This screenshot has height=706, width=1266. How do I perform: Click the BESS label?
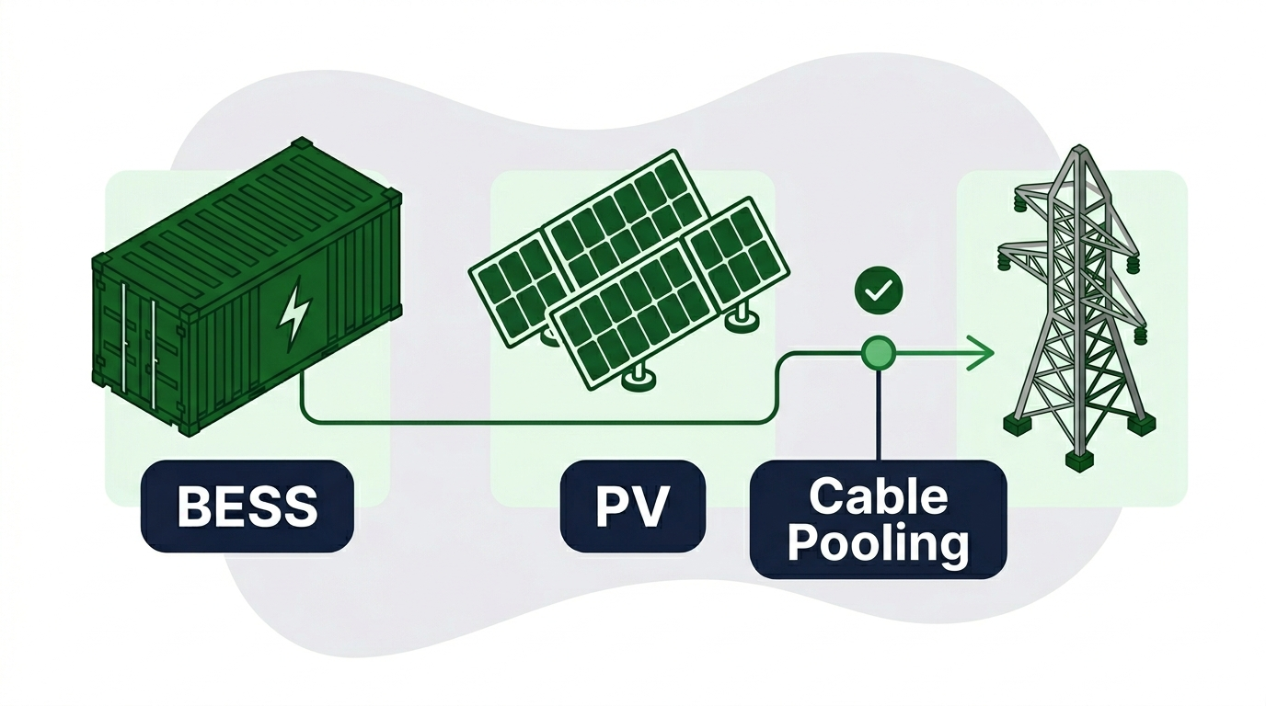click(x=247, y=506)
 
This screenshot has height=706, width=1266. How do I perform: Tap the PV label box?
click(x=632, y=507)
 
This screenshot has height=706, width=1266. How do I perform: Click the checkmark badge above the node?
click(x=879, y=290)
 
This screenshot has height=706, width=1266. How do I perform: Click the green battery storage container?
click(x=247, y=285)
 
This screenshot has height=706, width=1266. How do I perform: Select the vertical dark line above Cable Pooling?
click(x=879, y=416)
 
